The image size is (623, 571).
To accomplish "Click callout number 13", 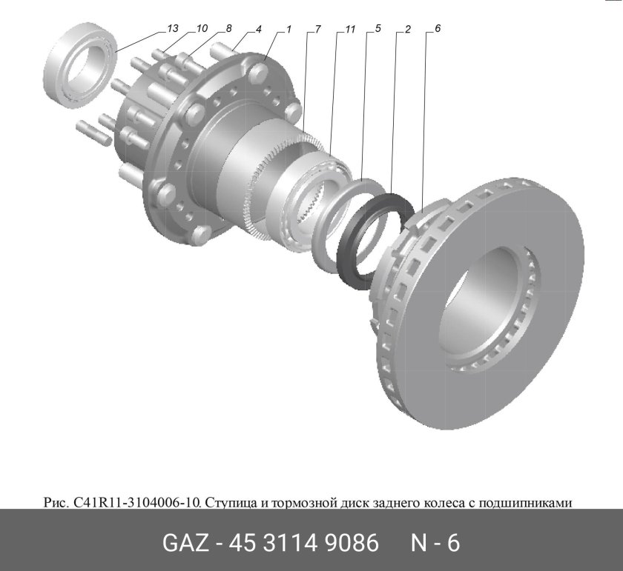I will [x=173, y=29].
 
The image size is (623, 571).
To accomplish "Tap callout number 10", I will [x=201, y=29].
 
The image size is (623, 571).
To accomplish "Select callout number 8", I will [x=228, y=29].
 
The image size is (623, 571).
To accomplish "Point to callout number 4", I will [x=258, y=29].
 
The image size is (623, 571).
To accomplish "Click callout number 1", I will [x=288, y=29].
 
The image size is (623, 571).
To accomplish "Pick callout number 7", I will [x=317, y=29].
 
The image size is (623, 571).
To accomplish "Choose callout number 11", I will [x=350, y=29].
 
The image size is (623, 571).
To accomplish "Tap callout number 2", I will [x=407, y=29].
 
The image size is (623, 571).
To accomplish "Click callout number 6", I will [x=437, y=29].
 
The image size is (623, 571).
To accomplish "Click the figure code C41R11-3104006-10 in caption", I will [x=136, y=503].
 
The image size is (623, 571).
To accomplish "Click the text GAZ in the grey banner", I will [x=186, y=543].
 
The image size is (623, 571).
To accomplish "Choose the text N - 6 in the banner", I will [x=435, y=543].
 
